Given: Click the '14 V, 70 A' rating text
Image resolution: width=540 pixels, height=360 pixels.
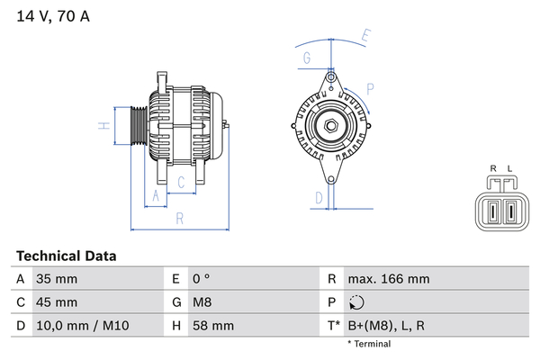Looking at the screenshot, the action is coord(53,16).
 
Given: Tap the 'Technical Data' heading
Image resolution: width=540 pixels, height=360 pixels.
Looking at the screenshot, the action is coord(66,256).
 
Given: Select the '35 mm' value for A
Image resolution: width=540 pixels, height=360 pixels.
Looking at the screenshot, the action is coord(57,279).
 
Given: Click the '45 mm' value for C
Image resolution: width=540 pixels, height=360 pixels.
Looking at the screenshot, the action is coord(57,302).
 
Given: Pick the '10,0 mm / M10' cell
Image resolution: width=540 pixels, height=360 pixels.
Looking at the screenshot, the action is coord(83,326).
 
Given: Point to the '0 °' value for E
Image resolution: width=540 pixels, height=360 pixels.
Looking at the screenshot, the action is coord(201,279).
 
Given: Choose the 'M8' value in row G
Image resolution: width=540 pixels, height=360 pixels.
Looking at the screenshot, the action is coord(202,302).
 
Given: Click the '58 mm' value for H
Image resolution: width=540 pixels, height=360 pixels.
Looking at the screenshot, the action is coord(213,326).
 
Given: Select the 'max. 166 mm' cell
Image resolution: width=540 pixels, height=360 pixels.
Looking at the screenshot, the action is coord(389,279).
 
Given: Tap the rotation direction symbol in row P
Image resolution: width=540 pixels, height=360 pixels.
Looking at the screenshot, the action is coord(356,302).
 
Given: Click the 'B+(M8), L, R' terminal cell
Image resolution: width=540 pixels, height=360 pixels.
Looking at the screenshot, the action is coord(386,326).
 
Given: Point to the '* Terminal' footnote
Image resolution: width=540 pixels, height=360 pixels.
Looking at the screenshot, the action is coord(369,344).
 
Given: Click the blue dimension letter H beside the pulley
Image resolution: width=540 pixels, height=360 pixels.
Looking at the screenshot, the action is coord(104,126).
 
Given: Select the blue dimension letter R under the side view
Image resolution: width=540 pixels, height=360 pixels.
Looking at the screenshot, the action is coord(180,219).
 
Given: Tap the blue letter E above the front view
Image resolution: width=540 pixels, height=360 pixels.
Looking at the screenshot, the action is coord(365,36).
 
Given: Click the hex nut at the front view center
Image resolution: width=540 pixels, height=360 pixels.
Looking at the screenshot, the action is coord(331,126).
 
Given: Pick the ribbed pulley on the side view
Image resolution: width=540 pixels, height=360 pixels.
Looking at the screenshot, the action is coord(139,125).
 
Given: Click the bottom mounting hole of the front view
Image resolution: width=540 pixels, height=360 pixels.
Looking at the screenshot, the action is coord(331,179).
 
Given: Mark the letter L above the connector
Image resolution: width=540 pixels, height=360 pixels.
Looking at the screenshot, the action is coord(510,169).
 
